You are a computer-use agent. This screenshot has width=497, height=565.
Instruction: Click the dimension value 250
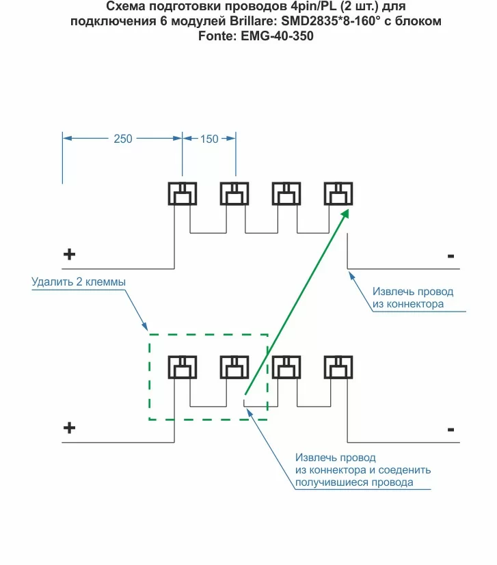click(x=123, y=139)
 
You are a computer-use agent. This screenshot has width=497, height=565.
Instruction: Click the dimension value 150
click(x=209, y=139)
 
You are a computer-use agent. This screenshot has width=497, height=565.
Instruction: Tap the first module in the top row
click(x=183, y=195)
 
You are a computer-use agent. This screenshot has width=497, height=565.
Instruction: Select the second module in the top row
click(x=234, y=195)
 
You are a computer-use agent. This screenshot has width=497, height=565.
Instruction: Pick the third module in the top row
click(x=286, y=195)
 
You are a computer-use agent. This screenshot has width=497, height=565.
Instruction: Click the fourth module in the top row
click(x=338, y=195)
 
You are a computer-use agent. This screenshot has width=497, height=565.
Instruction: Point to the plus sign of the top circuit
click(x=69, y=255)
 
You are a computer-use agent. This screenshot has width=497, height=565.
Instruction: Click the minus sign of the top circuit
click(x=451, y=256)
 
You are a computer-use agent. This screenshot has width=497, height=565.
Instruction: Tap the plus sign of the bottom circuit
click(x=69, y=428)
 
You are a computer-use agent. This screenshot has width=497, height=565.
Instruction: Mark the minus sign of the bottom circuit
click(x=451, y=430)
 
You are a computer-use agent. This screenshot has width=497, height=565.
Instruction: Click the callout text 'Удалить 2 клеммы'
click(x=79, y=281)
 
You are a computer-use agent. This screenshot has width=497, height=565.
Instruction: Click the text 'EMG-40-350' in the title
click(x=277, y=37)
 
